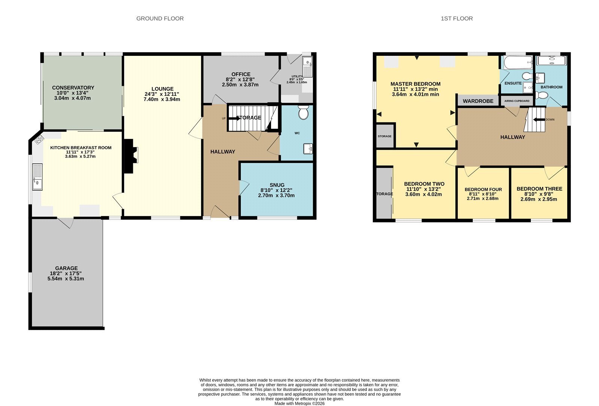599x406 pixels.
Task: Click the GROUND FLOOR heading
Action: [160, 18]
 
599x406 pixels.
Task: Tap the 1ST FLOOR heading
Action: [457, 18]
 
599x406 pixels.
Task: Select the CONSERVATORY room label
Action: [73, 88]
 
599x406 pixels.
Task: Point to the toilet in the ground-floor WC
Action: [303, 112]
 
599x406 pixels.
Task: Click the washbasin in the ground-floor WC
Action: [308, 149]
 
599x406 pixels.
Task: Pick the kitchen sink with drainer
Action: [37, 177]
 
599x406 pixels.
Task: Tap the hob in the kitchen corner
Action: [39, 139]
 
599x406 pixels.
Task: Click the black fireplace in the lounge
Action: [131, 156]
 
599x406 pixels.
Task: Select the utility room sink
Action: [307, 67]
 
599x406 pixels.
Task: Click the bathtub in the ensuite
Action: [518, 63]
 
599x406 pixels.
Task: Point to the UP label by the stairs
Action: [224, 118]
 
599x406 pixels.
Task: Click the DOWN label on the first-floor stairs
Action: [550, 119]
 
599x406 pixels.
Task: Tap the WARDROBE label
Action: [478, 101]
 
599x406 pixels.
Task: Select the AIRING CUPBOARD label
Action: [517, 101]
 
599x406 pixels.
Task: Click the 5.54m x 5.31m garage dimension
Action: [66, 279]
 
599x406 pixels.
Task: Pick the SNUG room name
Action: [277, 185]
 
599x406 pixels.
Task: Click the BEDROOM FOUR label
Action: [483, 190]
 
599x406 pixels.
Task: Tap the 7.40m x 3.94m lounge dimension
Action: [162, 99]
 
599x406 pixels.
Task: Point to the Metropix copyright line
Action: [299, 404]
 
